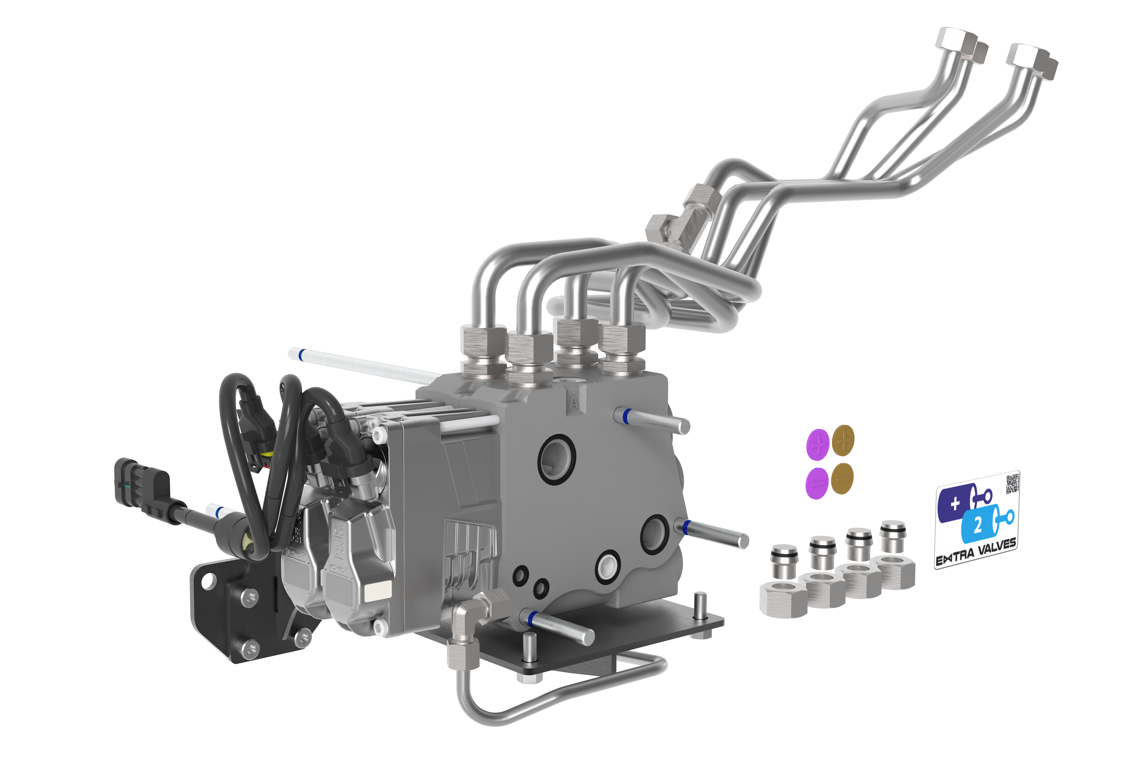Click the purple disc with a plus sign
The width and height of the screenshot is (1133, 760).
coord(818,443)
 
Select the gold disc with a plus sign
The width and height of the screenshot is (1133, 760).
coord(843,440)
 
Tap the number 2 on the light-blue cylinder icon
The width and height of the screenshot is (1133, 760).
coord(978,524)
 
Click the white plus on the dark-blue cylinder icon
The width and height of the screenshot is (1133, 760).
coord(955,504)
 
